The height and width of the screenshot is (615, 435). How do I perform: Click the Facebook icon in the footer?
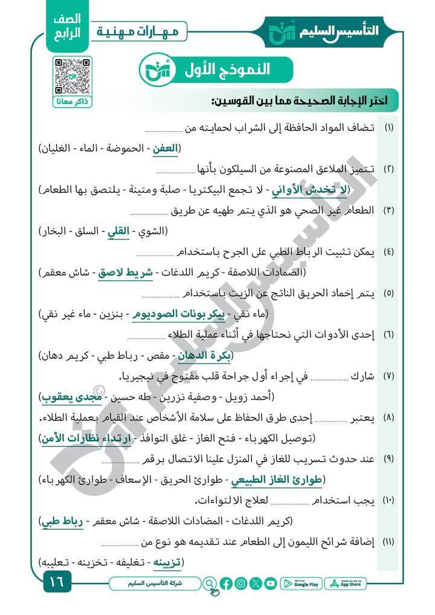click(226, 584)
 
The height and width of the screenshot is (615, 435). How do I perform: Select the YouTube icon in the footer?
click(270, 584)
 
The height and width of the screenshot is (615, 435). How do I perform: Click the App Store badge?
click(349, 584)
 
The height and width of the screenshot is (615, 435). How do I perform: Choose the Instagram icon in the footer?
click(240, 584)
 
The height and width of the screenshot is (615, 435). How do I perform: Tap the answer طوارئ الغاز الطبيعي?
click(277, 479)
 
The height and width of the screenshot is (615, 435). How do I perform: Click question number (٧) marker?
click(388, 376)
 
